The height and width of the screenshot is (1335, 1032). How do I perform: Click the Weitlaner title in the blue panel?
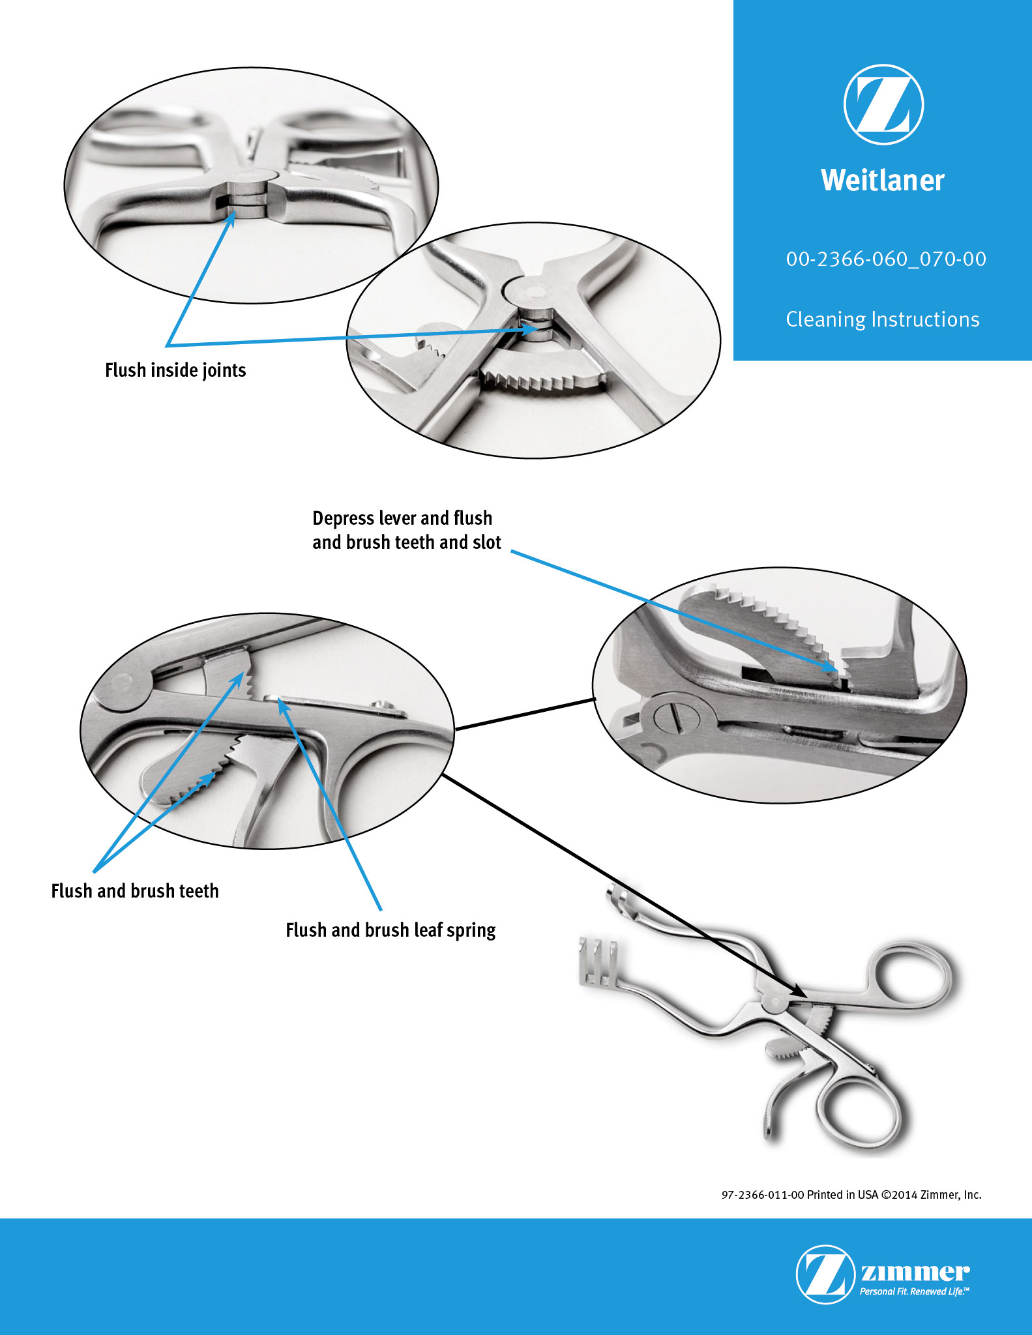883,180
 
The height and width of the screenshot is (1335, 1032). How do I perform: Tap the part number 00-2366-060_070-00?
886,259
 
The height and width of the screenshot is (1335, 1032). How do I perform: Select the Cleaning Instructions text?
883,319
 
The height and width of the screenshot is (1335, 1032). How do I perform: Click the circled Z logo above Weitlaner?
883,104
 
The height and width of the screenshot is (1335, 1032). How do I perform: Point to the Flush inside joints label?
175,370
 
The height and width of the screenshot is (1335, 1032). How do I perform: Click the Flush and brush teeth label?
135,891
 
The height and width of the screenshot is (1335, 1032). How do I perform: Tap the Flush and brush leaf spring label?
391,930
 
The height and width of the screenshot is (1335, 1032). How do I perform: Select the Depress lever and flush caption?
402,518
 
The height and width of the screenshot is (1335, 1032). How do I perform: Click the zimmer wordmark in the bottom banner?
915,1272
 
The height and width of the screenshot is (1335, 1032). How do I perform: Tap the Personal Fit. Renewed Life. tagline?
914,1291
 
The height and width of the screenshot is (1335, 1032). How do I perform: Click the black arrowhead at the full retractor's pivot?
799,990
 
